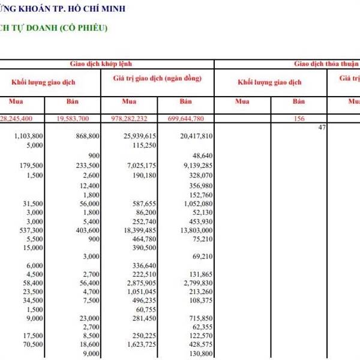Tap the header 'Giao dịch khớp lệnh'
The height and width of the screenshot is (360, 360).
pyautogui.click(x=101, y=62)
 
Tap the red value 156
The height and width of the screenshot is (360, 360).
pyautogui.click(x=299, y=119)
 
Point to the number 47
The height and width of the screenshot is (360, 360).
pyautogui.click(x=322, y=127)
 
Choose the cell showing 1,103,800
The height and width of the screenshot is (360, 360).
pyautogui.click(x=29, y=137)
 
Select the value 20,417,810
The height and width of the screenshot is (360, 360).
pyautogui.click(x=196, y=137)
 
